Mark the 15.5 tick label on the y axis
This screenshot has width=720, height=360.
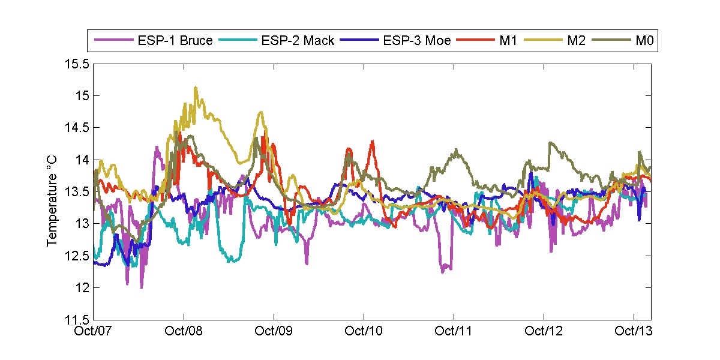tap(77, 64)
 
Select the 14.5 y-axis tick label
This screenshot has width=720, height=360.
tap(77, 128)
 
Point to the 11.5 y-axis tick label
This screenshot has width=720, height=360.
tap(77, 320)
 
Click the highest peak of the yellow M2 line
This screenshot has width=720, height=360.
tap(196, 87)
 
